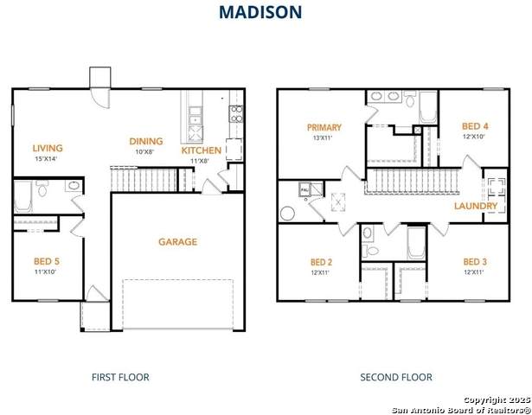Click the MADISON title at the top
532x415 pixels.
coord(260,12)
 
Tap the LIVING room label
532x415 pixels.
coord(48,148)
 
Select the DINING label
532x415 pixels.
coord(146,142)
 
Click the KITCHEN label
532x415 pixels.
coord(201,150)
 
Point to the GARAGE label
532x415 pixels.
coord(177,242)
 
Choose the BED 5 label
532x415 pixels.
coord(46,261)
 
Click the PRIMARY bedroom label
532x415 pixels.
coord(324,128)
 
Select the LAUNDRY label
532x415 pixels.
coord(476,207)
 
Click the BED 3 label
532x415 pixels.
coord(474,262)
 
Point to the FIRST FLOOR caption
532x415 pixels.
coord(120,377)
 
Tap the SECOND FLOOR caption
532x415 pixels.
coord(396,377)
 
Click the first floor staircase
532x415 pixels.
coord(143,180)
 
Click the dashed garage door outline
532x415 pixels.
coord(177,304)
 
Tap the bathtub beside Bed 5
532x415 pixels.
coord(23,196)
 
